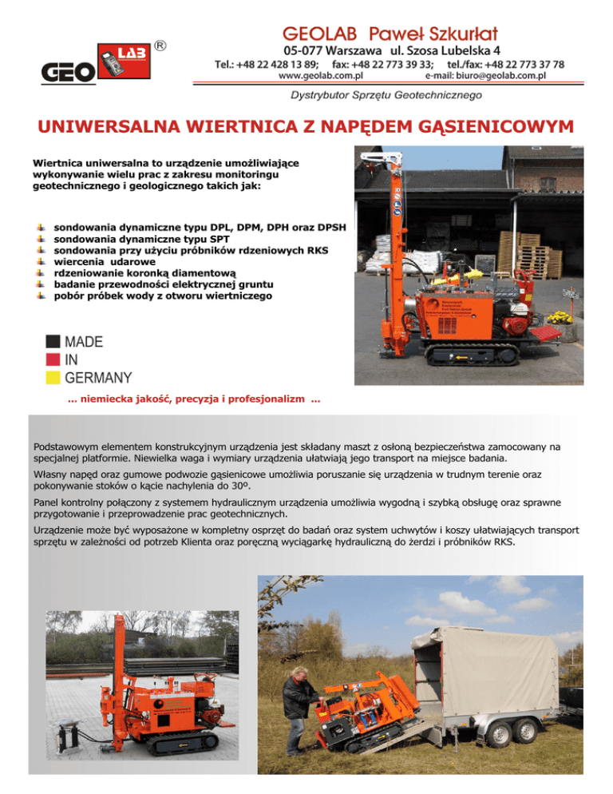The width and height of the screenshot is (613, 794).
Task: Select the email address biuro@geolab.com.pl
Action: (x=485, y=76)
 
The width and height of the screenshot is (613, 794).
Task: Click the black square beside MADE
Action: (x=53, y=342)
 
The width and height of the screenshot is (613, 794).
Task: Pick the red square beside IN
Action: (x=53, y=359)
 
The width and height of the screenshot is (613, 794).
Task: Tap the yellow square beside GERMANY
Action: (x=53, y=377)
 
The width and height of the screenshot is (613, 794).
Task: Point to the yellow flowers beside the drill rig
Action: (x=560, y=318)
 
